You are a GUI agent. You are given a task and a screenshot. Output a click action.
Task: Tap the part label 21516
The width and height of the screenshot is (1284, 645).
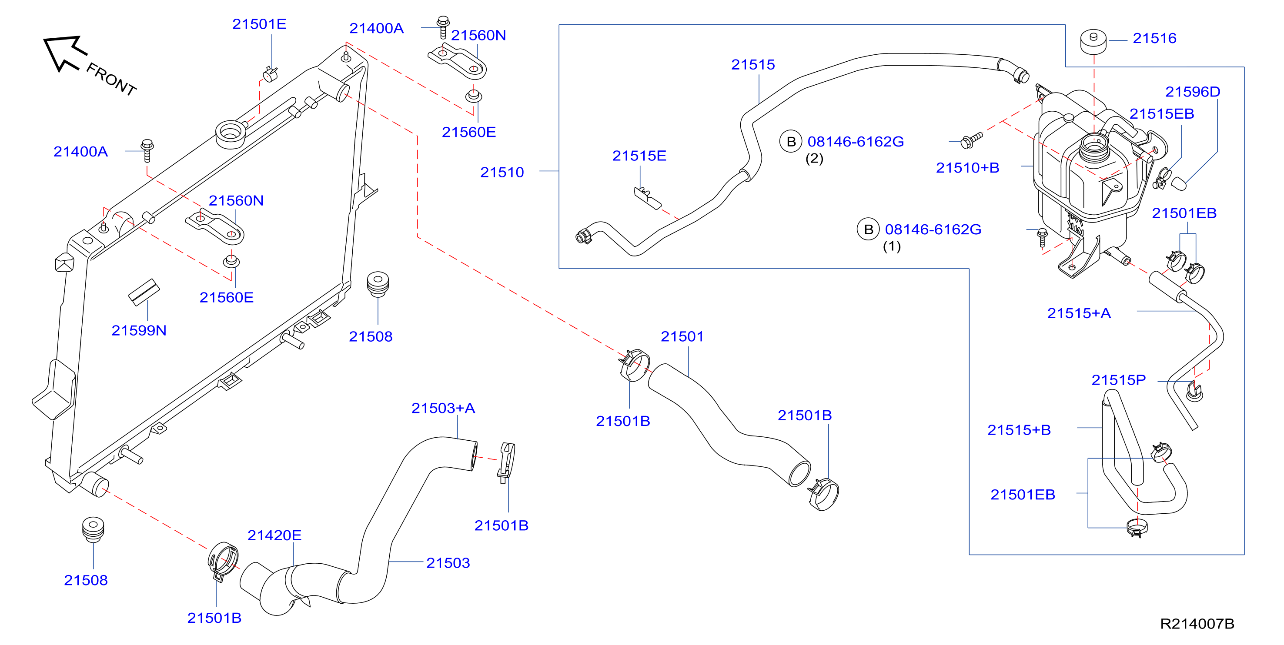tap(1154, 38)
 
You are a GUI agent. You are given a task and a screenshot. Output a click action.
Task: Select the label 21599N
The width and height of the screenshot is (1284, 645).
tap(139, 331)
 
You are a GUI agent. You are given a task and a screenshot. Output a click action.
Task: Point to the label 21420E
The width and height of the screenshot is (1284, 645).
tap(274, 535)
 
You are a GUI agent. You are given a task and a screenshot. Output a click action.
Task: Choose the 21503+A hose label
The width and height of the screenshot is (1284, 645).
tap(443, 409)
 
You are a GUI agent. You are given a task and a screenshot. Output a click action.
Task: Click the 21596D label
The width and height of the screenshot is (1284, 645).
tap(1192, 92)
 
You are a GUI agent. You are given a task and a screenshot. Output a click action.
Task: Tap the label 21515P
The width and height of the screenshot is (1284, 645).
tap(1119, 380)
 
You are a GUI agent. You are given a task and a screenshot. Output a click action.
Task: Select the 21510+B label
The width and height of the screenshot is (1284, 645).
tap(967, 168)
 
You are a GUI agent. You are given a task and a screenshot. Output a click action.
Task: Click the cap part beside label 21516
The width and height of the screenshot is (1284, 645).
tap(1093, 41)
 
